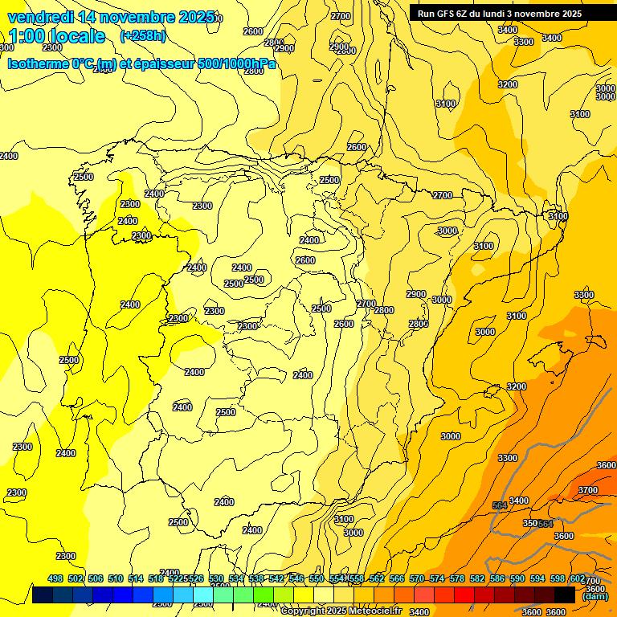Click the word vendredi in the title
pyautogui.click(x=39, y=17)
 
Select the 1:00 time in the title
pyautogui.click(x=25, y=36)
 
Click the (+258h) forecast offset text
pyautogui.click(x=142, y=36)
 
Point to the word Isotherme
pyautogui.click(x=39, y=64)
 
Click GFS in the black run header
pyautogui.click(x=450, y=14)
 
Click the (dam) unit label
pyautogui.click(x=595, y=596)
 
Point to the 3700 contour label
pyautogui.click(x=588, y=490)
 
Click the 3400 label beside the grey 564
pyautogui.click(x=519, y=501)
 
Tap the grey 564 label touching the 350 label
pyautogui.click(x=545, y=524)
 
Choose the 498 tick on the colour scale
pyautogui.click(x=55, y=578)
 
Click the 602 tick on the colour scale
pyautogui.click(x=578, y=578)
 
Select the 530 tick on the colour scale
pyautogui.click(x=216, y=578)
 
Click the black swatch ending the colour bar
pyautogui.click(x=565, y=595)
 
